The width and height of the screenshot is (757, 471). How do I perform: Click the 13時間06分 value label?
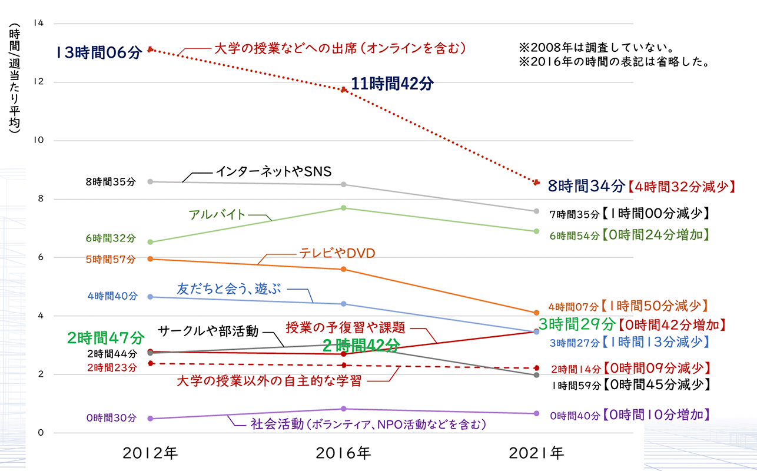pos(99,53)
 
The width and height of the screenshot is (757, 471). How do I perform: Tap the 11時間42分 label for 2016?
pos(392,84)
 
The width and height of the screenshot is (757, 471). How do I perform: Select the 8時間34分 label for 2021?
pos(586,187)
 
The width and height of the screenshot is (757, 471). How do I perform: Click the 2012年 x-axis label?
pos(150,453)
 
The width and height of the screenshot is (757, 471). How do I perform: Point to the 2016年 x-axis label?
pos(343,453)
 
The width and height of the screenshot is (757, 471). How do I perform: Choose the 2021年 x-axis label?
pos(536,453)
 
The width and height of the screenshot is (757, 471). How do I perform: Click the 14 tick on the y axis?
pos(39,23)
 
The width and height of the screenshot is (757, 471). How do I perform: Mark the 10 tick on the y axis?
pos(39,140)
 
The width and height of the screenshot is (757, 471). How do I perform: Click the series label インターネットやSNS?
pos(274,172)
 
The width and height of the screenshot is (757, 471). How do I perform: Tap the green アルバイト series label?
pos(217,214)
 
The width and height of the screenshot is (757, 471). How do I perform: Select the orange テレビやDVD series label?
pos(337,253)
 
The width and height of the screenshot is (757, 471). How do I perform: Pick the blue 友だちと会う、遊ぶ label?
pos(230,289)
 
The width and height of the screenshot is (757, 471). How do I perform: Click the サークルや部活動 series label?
pos(208,331)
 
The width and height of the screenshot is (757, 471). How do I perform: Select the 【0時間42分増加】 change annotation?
pos(671,324)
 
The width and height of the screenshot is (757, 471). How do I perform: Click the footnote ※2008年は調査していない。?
pos(596,47)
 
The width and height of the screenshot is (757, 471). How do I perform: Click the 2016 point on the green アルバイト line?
pos(344,208)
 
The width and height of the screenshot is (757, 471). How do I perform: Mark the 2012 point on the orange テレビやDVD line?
pos(151,259)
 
